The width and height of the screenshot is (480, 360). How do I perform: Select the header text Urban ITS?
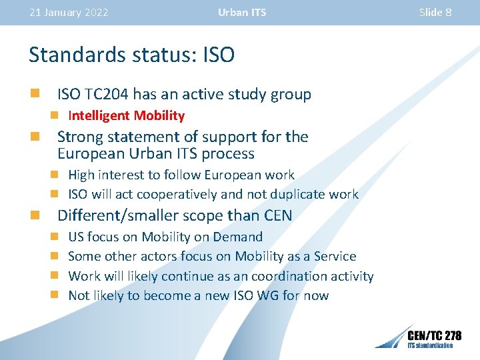click(241, 13)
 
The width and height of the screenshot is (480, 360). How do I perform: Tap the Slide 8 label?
click(435, 13)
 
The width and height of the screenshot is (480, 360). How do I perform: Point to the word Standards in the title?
click(72, 55)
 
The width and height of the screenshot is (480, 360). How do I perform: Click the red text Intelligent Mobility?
click(126, 115)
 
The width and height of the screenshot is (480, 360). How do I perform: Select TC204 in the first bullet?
click(107, 94)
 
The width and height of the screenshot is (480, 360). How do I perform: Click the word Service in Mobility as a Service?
click(333, 256)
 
